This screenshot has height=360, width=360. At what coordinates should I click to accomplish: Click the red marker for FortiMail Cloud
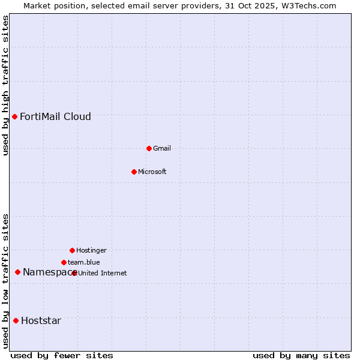pos(14,116)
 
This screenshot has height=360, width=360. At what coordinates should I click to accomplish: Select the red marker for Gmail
pos(149,148)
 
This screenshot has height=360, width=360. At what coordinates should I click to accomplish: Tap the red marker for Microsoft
pos(134,172)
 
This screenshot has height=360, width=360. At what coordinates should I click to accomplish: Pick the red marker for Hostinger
pos(72,250)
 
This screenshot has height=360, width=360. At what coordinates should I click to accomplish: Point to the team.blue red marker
pos(64,262)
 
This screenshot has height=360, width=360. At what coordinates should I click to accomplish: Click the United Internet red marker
pos(74,273)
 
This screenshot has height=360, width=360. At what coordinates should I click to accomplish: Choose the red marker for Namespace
pos(17,272)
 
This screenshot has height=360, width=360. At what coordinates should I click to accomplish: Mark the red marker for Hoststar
pos(16,320)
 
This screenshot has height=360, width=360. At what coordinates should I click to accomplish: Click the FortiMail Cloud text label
pos(55,116)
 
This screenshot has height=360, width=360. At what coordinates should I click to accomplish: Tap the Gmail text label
pos(162,148)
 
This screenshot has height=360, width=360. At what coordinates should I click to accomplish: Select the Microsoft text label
pos(152,172)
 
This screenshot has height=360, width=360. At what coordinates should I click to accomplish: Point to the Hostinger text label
pos(91,250)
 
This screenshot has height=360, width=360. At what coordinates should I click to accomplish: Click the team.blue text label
pos(84,262)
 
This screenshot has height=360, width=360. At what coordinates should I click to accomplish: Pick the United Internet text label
pos(103,273)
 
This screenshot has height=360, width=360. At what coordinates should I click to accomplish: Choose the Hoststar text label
pos(41,320)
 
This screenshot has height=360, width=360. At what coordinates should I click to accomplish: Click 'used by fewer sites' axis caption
pos(62,355)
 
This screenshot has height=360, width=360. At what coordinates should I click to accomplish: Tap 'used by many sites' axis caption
pos(301,355)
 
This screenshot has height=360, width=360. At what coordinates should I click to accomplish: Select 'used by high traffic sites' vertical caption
pos(5,85)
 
